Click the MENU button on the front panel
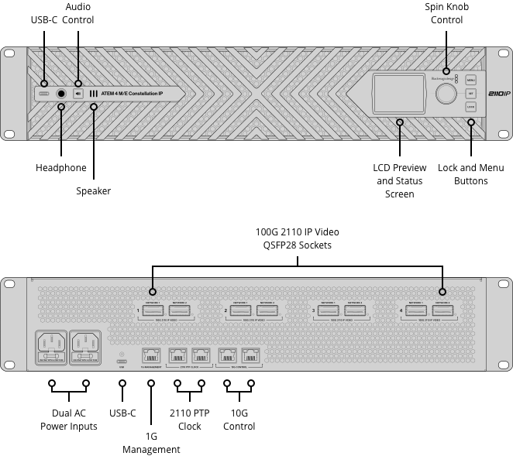[470, 80]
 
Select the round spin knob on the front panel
[446, 94]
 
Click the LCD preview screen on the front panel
[400, 94]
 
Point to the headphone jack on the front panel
[60, 94]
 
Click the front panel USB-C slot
[43, 94]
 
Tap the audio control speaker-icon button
[77, 94]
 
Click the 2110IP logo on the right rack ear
[499, 94]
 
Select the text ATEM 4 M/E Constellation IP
[133, 94]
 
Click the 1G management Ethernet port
[150, 355]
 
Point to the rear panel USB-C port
[122, 361]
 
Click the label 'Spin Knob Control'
[446, 13]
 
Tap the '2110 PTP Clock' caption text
[189, 420]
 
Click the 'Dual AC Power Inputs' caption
[69, 420]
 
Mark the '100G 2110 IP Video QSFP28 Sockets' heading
[298, 238]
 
